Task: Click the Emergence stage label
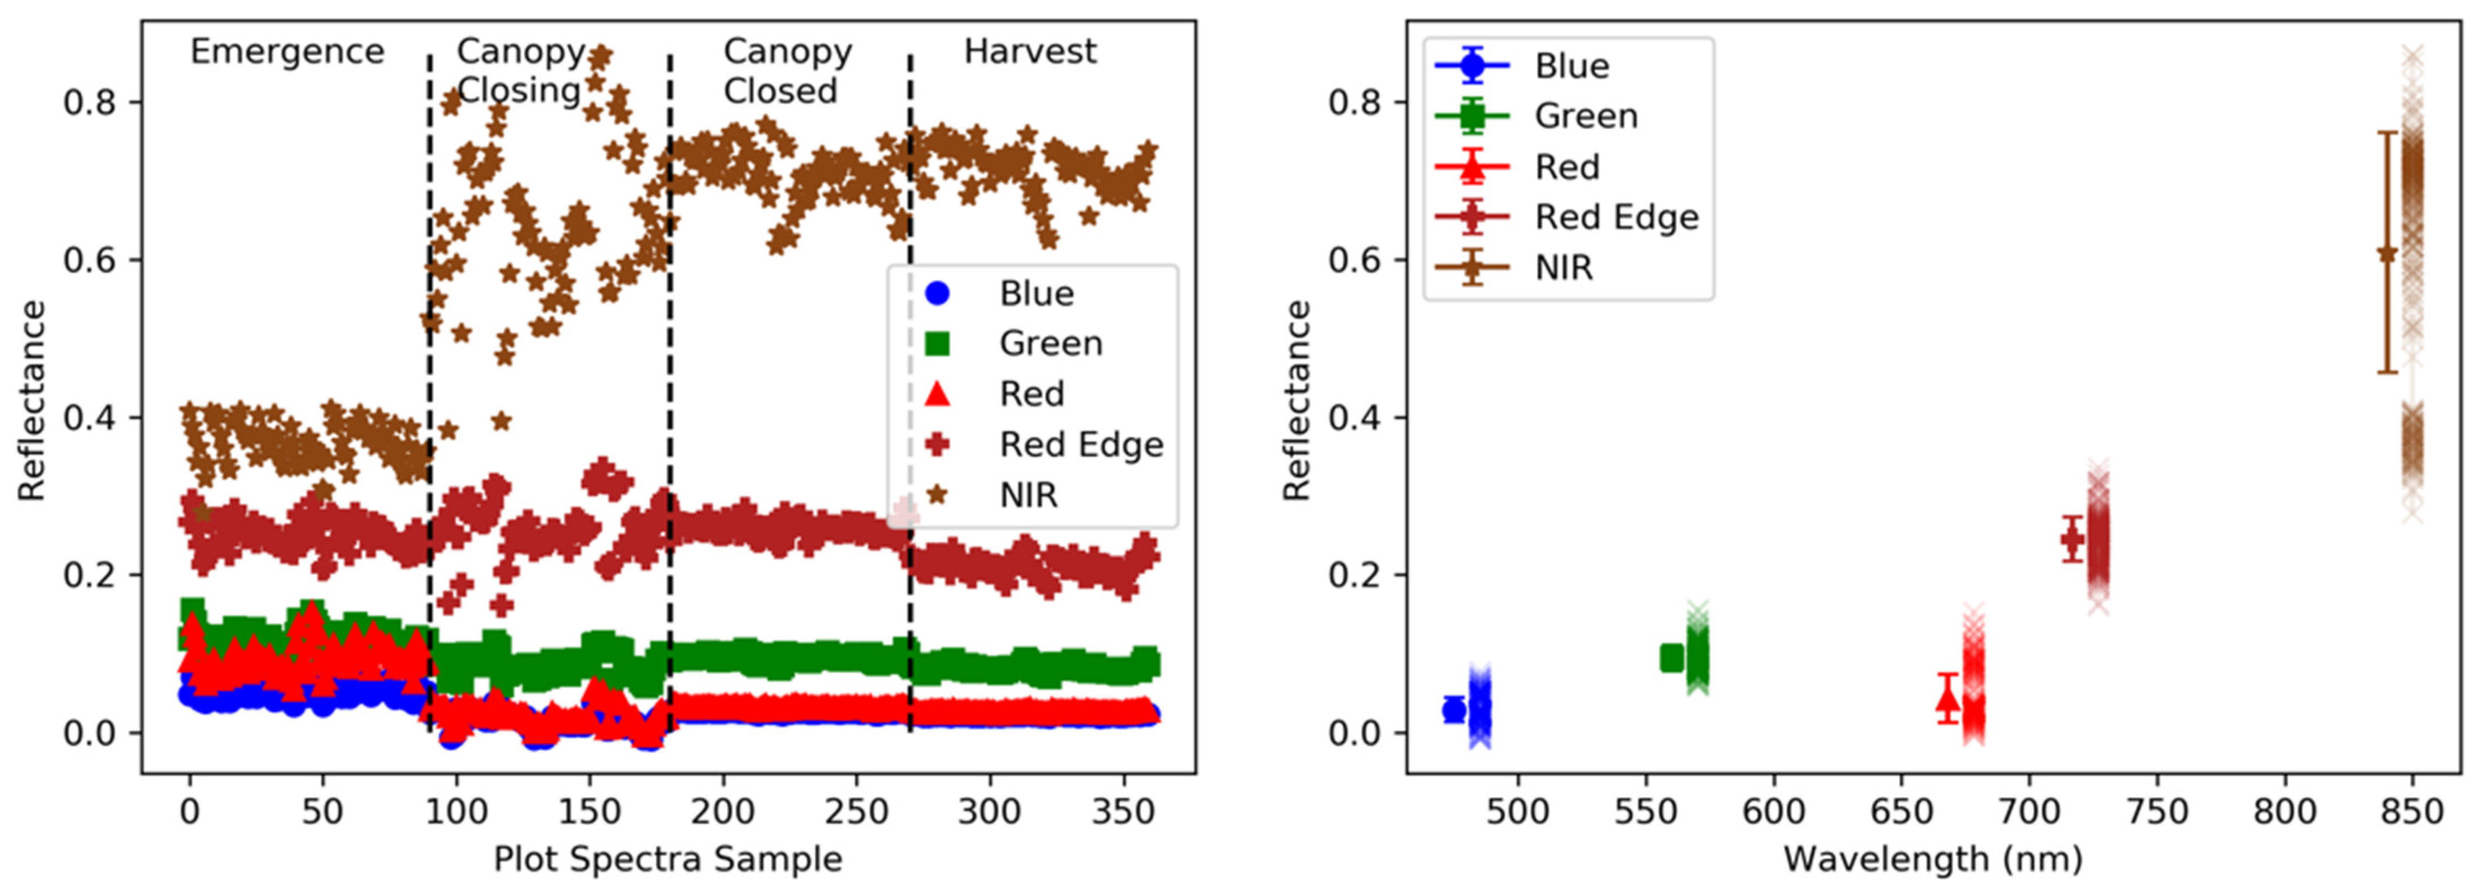[287, 51]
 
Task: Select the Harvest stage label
[1030, 51]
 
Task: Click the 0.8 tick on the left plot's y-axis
[89, 102]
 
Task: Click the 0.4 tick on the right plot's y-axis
[1354, 417]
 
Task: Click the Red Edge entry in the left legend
[1080, 445]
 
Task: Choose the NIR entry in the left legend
[1028, 495]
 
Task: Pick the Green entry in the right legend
[1585, 116]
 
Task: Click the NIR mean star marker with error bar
[2387, 253]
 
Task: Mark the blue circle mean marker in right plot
[1454, 709]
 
